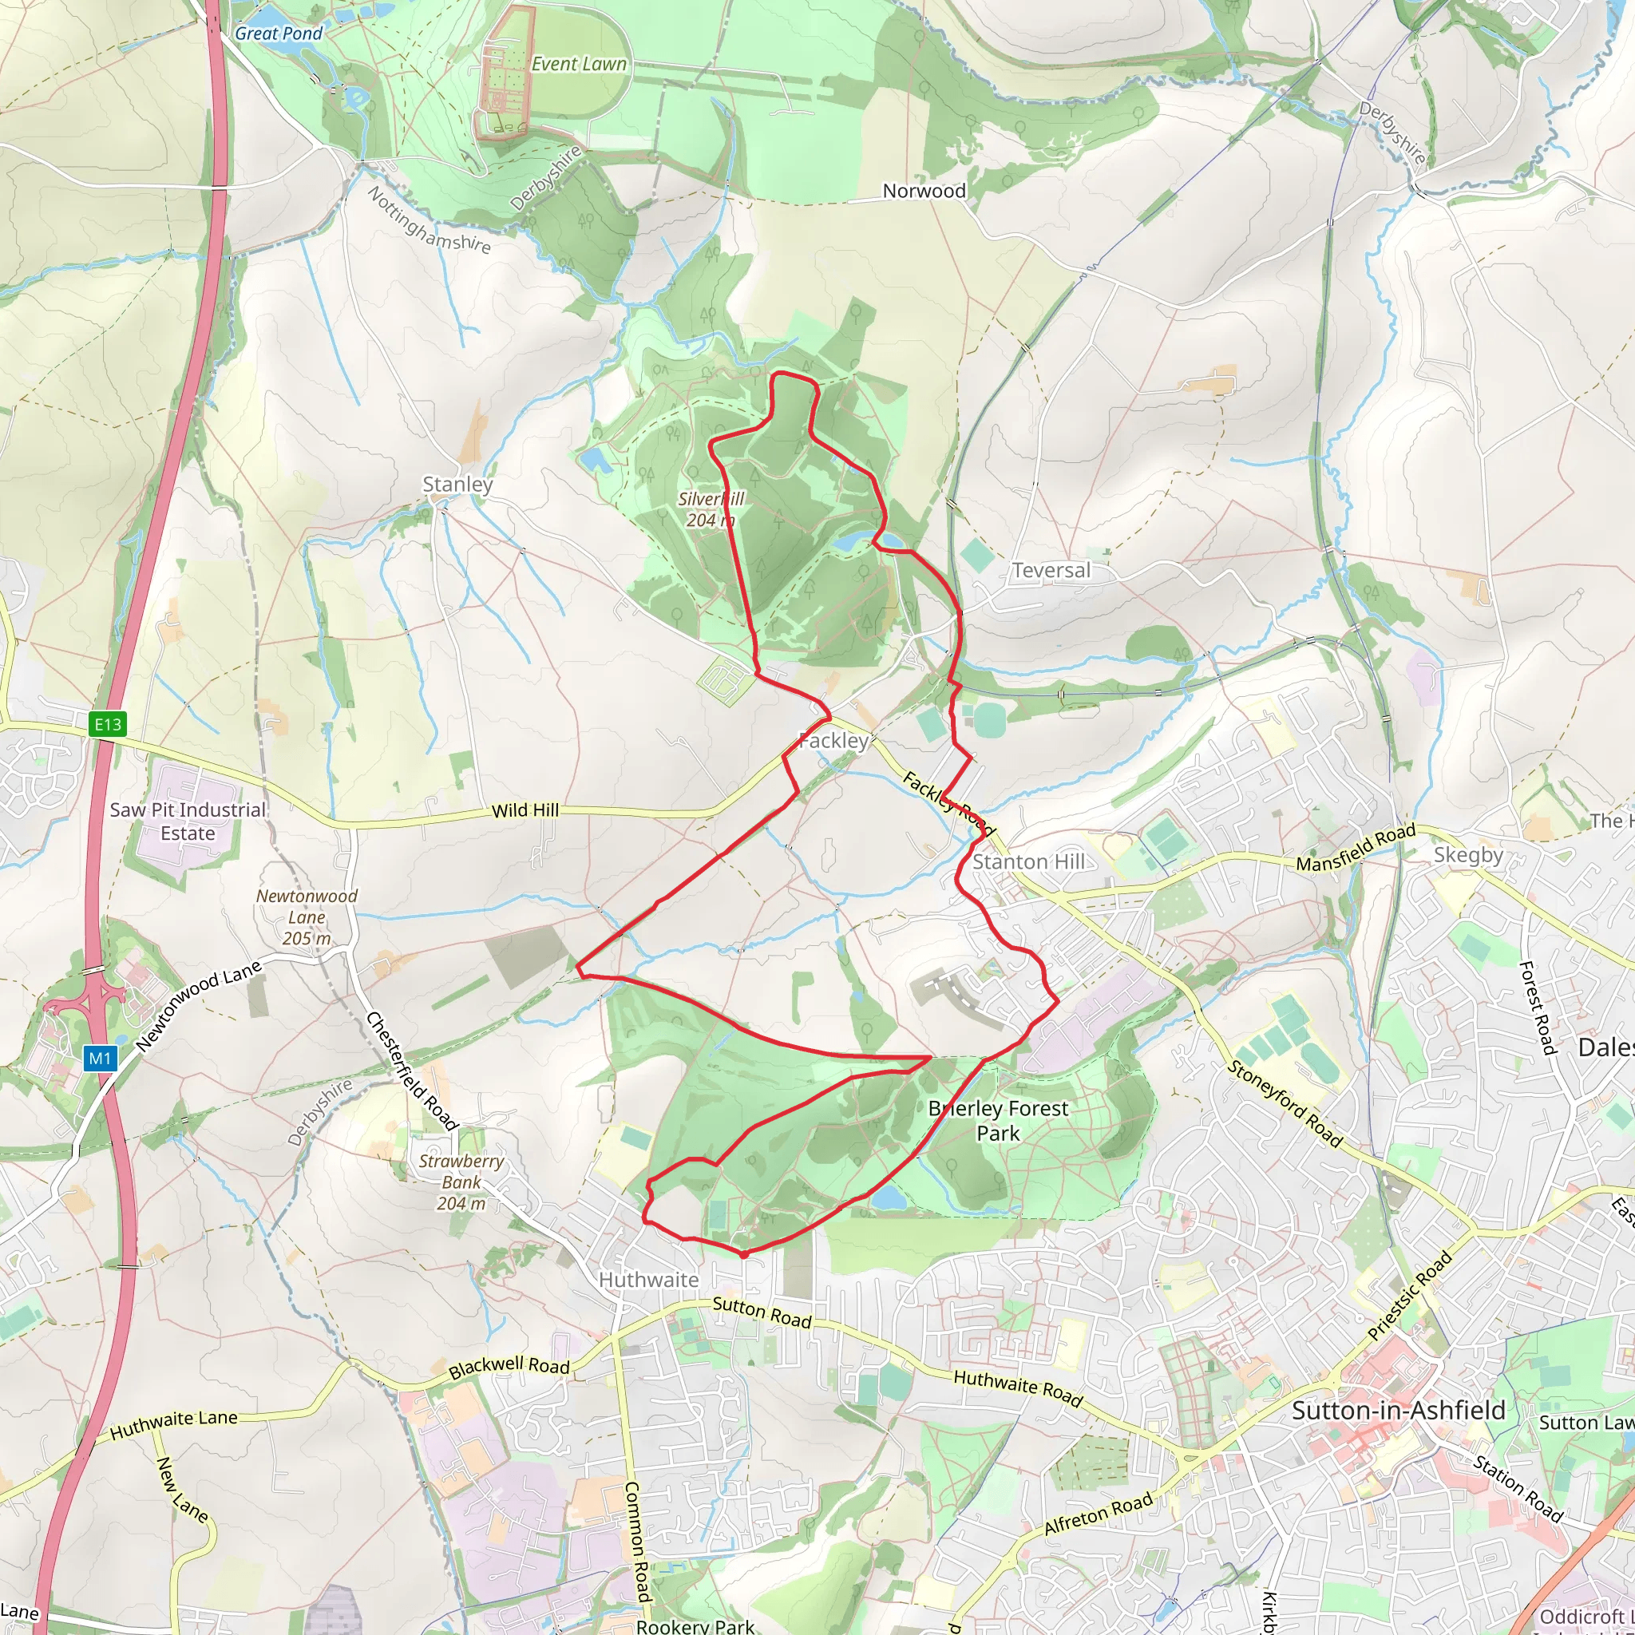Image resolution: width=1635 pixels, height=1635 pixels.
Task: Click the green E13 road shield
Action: click(108, 723)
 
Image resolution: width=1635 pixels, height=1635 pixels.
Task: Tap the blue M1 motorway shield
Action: click(100, 1058)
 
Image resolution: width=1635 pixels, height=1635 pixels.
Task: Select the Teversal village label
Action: click(1051, 570)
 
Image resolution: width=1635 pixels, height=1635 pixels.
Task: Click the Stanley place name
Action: click(457, 484)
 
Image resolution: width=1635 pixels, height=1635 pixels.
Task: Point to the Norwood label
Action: click(924, 192)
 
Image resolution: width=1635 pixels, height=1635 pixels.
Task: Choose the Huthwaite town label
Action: click(648, 1280)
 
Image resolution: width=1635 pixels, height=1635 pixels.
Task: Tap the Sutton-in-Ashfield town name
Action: click(1398, 1411)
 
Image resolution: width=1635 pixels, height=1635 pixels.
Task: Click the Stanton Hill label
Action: click(1028, 861)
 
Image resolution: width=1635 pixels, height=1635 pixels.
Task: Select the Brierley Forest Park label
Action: click(998, 1120)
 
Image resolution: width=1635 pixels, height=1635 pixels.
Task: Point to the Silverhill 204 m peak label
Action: click(710, 509)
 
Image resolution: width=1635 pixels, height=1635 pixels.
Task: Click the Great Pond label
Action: click(279, 34)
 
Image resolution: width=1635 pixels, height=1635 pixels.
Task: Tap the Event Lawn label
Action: click(579, 65)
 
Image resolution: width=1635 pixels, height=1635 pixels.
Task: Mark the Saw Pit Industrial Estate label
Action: click(188, 821)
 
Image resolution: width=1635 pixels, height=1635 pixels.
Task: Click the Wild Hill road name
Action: click(525, 811)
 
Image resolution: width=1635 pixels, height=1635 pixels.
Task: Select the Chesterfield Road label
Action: click(411, 1071)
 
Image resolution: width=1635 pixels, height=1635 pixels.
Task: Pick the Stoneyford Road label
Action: click(1285, 1103)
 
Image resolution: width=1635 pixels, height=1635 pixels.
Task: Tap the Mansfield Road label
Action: click(1356, 847)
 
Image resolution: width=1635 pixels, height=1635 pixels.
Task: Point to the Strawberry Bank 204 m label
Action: click(461, 1182)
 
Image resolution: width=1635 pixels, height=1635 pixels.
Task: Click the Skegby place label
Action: click(1468, 855)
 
